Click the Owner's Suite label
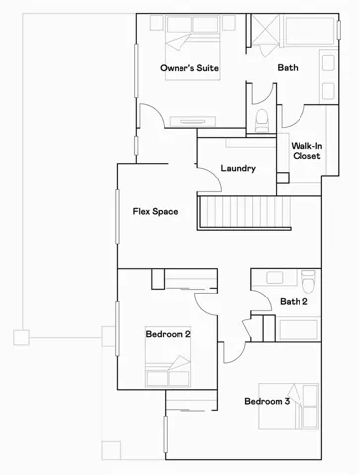tap(189, 68)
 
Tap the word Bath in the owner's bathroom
tap(288, 68)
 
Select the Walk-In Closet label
tap(305, 150)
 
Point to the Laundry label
tap(238, 168)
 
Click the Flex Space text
tap(155, 211)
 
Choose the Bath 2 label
tap(294, 301)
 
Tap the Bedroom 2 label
tap(168, 334)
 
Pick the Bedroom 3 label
tap(267, 401)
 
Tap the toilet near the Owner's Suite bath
tap(262, 119)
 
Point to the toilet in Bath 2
tap(308, 277)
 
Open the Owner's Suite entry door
tap(149, 118)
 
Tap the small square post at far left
tap(20, 338)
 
